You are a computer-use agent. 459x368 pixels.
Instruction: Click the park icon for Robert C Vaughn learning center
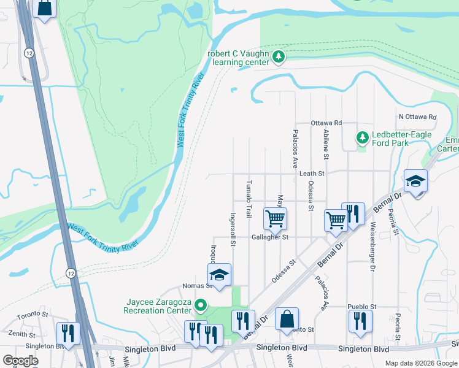click(279, 57)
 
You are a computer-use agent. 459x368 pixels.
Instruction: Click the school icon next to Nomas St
click(219, 274)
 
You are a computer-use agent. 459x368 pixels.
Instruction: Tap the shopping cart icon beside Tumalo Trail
click(274, 217)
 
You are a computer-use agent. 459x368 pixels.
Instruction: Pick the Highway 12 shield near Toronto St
click(72, 275)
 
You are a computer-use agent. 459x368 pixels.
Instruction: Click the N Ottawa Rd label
click(417, 117)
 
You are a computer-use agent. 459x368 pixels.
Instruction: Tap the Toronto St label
click(33, 315)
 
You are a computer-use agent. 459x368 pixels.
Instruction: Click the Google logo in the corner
click(20, 360)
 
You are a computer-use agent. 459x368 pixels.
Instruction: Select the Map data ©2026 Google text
click(420, 363)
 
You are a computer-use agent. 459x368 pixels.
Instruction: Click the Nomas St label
click(196, 286)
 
